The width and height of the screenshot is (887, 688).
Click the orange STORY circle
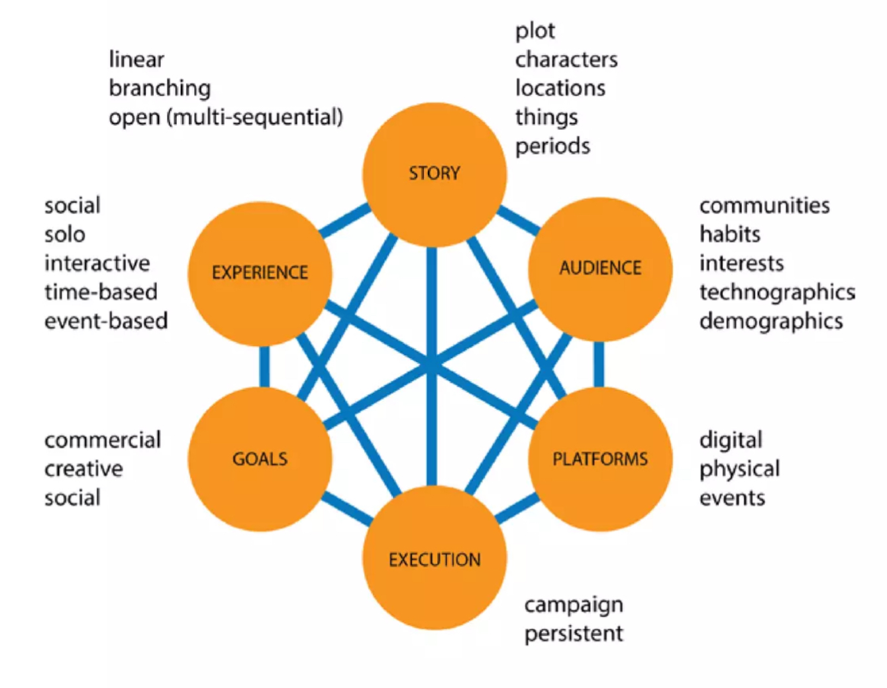pyautogui.click(x=434, y=174)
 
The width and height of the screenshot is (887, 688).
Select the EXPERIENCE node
pyautogui.click(x=260, y=272)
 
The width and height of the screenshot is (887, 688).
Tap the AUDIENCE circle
pyautogui.click(x=600, y=268)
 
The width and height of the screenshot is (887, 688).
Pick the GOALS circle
pyautogui.click(x=260, y=459)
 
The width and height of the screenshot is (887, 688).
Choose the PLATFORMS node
pyautogui.click(x=600, y=459)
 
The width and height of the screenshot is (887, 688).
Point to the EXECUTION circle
pyautogui.click(x=435, y=559)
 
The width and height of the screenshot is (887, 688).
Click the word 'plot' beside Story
pyautogui.click(x=535, y=31)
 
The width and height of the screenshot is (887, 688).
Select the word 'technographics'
pyautogui.click(x=777, y=292)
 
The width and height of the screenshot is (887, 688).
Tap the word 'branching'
pyautogui.click(x=160, y=88)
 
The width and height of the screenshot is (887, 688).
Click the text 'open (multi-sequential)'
pyautogui.click(x=226, y=117)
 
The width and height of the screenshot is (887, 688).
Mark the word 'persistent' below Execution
pyautogui.click(x=574, y=634)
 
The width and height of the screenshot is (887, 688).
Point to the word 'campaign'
pyautogui.click(x=574, y=605)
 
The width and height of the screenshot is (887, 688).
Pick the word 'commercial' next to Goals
pyautogui.click(x=103, y=440)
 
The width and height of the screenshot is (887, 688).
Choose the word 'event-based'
pyautogui.click(x=106, y=321)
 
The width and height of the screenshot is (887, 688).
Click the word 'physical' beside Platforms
pyautogui.click(x=739, y=469)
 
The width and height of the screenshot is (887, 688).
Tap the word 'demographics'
pyautogui.click(x=771, y=321)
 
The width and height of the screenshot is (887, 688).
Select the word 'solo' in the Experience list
pyautogui.click(x=65, y=235)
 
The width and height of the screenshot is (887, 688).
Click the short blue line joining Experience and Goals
pyautogui.click(x=264, y=366)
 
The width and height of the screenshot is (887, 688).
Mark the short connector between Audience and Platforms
pyautogui.click(x=599, y=364)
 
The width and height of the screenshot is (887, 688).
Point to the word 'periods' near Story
pyautogui.click(x=552, y=146)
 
